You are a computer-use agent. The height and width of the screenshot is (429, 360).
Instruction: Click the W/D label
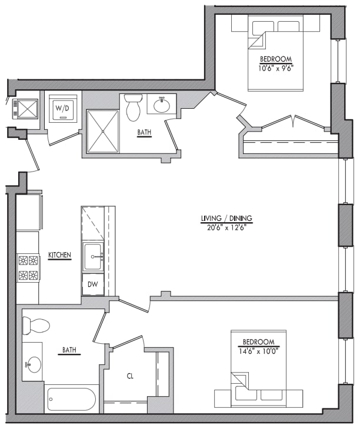pos(62,108)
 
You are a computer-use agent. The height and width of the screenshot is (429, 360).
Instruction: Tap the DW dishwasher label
pos(93,284)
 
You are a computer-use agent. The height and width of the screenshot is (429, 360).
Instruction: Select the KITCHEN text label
pos(59,255)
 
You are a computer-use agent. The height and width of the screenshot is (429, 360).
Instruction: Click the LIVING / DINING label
pos(226,219)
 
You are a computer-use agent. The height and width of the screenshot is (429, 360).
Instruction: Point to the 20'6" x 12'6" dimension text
pos(226,228)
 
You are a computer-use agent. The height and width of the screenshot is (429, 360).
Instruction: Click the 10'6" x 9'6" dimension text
pos(276,68)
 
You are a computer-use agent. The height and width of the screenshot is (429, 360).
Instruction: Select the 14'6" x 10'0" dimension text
pos(258,350)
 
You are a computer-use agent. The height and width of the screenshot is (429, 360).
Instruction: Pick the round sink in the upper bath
pos(161,106)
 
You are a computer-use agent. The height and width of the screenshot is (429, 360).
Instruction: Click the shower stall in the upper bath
pos(103,131)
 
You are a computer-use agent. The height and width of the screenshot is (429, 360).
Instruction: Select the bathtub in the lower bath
pos(71,399)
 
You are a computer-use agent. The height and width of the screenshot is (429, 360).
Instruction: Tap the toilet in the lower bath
pos(34,325)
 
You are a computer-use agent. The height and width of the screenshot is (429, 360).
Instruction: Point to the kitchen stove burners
pos(28,267)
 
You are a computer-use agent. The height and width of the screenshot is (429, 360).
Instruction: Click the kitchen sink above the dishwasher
pos(93,256)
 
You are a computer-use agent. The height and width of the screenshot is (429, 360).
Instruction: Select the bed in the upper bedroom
pos(275,53)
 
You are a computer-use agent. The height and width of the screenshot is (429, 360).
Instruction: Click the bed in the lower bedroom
pos(259,382)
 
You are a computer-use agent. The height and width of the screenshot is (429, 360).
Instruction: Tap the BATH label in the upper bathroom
pos(144,133)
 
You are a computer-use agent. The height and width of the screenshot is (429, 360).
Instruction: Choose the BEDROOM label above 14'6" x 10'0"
pos(258,342)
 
